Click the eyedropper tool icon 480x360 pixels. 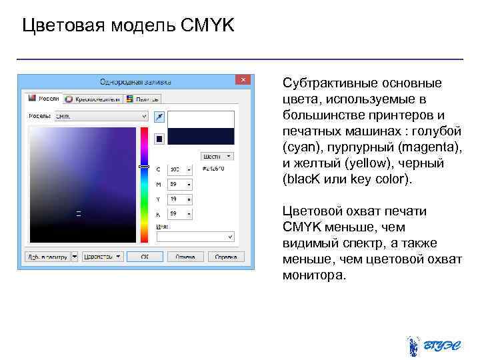[159, 117]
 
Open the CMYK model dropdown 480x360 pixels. [100, 116]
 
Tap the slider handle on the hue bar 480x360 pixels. [143, 167]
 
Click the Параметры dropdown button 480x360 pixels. [103, 256]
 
